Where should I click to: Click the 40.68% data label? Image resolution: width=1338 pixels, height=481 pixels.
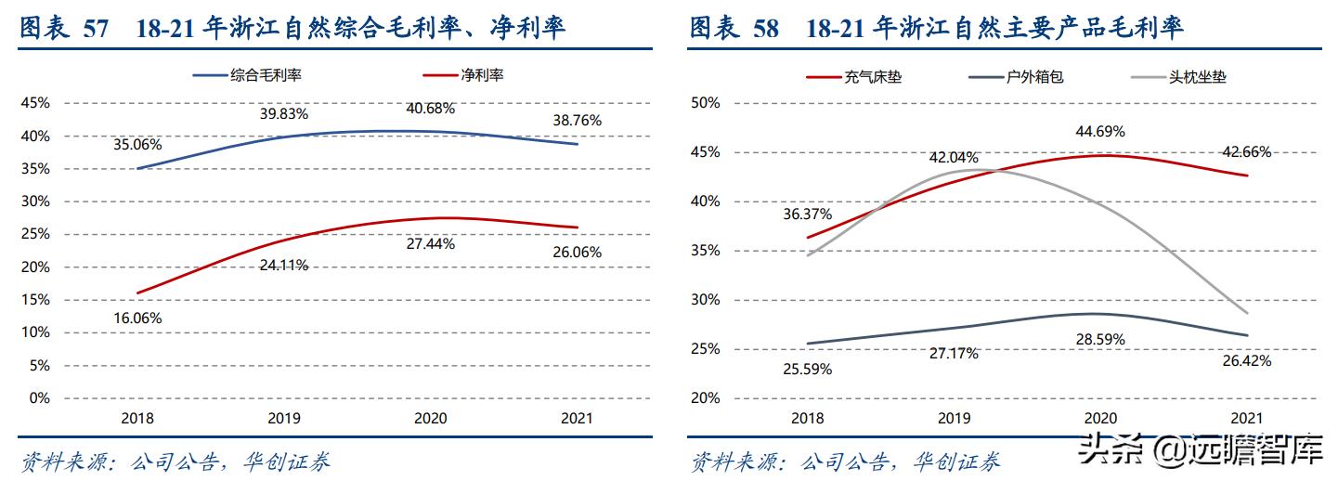coord(431,108)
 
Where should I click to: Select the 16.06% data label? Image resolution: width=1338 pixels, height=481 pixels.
coord(137,318)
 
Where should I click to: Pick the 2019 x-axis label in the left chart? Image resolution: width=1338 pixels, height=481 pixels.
coord(284,419)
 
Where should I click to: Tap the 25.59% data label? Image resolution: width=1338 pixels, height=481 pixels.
coord(807,369)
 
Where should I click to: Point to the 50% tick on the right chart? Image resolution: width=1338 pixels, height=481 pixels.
coord(706,103)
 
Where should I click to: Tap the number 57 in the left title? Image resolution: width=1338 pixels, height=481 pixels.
coord(96,29)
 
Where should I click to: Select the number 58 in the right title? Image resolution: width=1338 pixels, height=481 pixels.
coord(766,29)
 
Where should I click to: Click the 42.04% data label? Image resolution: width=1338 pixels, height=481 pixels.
coord(954,158)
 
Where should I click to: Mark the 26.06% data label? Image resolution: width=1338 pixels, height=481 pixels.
coord(578,252)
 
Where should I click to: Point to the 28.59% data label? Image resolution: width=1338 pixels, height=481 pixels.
coord(1100,340)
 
